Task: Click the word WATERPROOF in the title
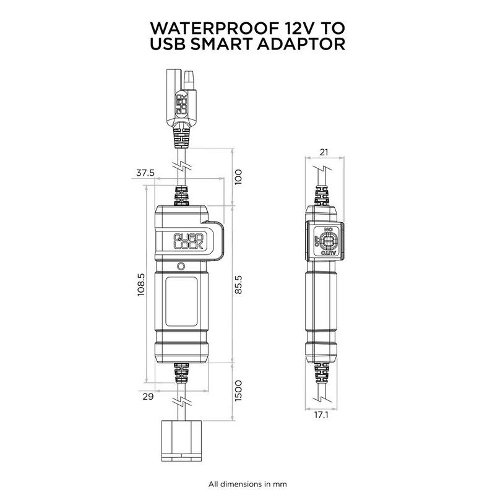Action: [x=214, y=28]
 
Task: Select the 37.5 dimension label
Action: [x=145, y=173]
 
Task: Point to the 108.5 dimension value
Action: [x=141, y=285]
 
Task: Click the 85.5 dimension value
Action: [x=238, y=285]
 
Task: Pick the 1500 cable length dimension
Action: [x=238, y=391]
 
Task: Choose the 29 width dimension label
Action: [x=148, y=397]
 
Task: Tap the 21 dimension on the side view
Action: [x=324, y=152]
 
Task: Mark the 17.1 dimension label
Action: [x=321, y=415]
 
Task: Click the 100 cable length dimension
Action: [x=238, y=177]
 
